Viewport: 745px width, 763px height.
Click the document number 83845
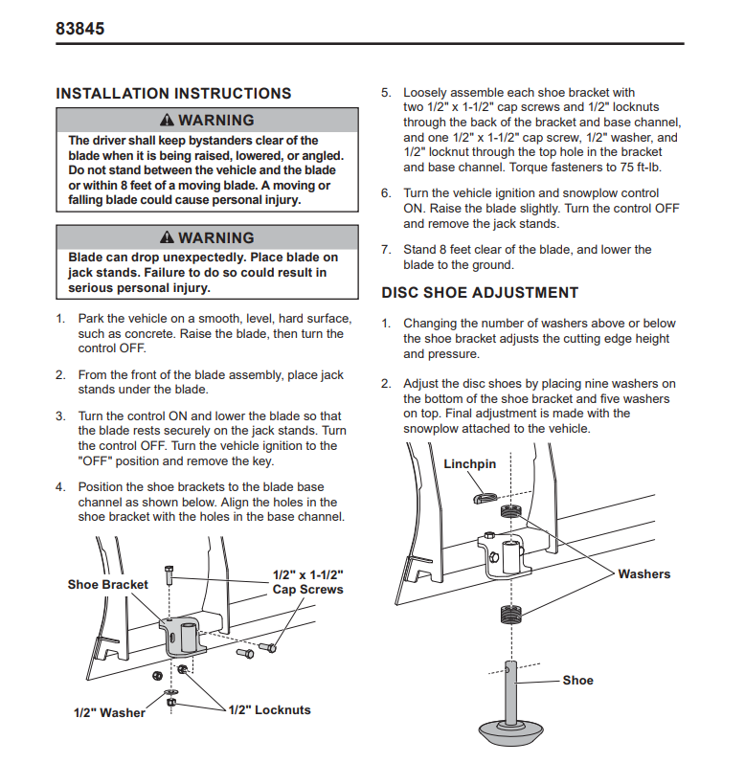click(x=80, y=29)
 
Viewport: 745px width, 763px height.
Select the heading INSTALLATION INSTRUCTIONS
click(x=173, y=94)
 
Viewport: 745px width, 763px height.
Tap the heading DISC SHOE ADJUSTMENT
click(x=480, y=293)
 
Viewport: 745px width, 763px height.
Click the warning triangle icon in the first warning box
click(x=168, y=121)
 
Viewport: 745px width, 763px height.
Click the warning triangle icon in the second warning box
click(x=168, y=237)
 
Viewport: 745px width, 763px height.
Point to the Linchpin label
click(x=470, y=463)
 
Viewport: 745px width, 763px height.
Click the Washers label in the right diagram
click(x=643, y=573)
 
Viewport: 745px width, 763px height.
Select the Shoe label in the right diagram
click(x=577, y=680)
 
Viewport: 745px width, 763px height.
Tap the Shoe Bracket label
click(x=108, y=584)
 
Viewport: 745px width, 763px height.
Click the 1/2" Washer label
click(x=109, y=712)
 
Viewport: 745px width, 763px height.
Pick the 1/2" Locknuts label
click(x=269, y=709)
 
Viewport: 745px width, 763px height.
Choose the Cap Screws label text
click(x=307, y=590)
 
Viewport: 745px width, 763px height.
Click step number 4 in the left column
click(x=59, y=486)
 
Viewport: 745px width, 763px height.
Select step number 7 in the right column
click(x=386, y=250)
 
